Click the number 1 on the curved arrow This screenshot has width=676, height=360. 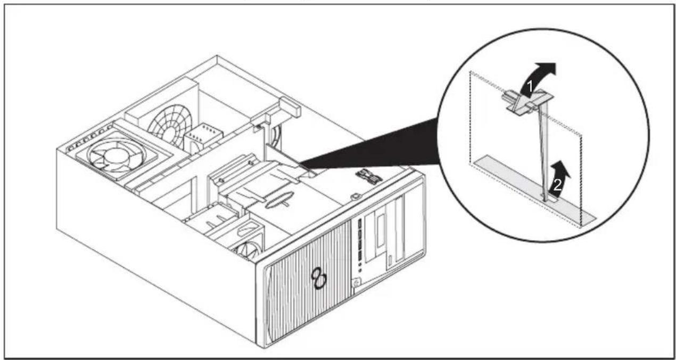[529, 87]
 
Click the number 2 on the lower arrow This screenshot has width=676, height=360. [557, 185]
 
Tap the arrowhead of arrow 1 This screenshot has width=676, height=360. [546, 69]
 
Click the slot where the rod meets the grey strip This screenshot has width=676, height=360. [549, 199]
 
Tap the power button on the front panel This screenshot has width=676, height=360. [357, 283]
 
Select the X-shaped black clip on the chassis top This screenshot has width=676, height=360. [369, 175]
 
